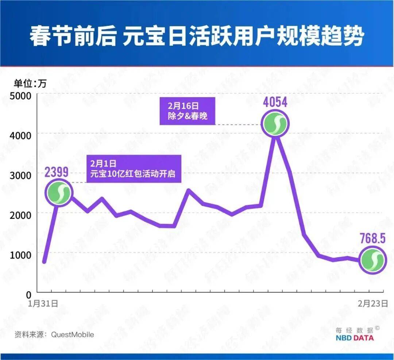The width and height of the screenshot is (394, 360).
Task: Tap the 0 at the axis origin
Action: [29, 293]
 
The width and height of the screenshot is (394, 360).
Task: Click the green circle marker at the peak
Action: [275, 123]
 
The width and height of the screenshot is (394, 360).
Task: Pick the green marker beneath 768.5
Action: [372, 260]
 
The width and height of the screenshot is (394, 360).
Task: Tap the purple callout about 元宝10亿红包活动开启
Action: [134, 169]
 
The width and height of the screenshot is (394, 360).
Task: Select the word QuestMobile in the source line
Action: [72, 334]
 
